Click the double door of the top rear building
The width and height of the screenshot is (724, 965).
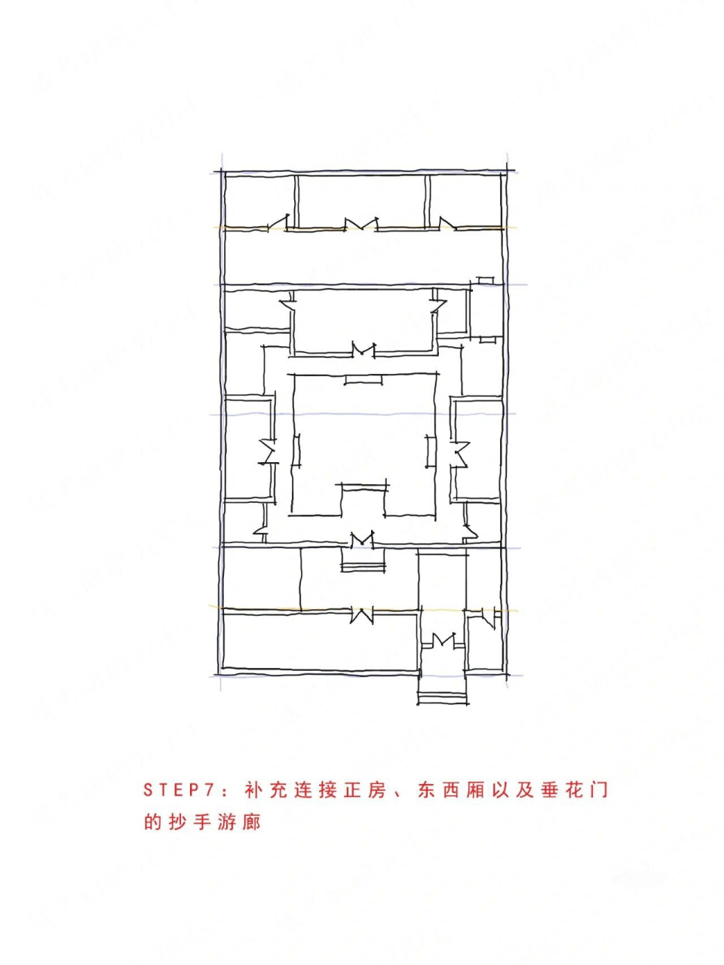click(x=360, y=224)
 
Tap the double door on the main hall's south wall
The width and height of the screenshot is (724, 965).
click(x=363, y=350)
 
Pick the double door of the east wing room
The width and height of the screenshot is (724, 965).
click(x=459, y=453)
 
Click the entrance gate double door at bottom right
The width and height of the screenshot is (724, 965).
click(x=443, y=641)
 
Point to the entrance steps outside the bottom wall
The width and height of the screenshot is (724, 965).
click(x=443, y=698)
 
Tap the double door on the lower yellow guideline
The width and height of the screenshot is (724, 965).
click(x=362, y=614)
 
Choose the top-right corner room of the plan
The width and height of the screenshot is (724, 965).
click(x=465, y=200)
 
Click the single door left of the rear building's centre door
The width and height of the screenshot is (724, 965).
click(x=281, y=222)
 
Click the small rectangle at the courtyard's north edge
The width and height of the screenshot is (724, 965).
click(x=363, y=379)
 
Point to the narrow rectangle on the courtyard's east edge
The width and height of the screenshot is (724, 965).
click(x=431, y=451)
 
